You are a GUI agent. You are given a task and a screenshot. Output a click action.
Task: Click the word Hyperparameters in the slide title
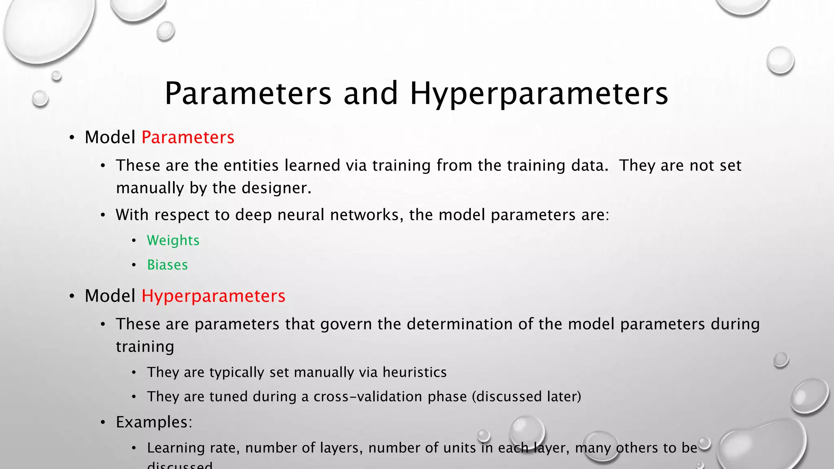(539, 94)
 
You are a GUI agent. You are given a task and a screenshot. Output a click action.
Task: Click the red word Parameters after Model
(188, 137)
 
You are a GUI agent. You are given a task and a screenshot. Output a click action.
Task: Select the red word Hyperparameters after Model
(213, 296)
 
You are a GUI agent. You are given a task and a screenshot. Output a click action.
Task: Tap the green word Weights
(173, 240)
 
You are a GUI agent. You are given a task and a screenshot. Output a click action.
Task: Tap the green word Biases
(167, 265)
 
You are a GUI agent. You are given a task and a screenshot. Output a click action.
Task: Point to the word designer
(277, 188)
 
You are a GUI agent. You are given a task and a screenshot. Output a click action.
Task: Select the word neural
(301, 215)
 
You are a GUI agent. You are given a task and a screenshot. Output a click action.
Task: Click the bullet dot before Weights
(134, 241)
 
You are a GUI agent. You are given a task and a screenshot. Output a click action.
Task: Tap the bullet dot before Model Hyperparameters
(72, 296)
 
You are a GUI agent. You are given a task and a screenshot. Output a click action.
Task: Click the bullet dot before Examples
(103, 423)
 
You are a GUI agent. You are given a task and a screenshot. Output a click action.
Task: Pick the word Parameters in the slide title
(248, 94)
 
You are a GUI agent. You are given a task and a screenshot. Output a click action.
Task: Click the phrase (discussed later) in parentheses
(526, 397)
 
